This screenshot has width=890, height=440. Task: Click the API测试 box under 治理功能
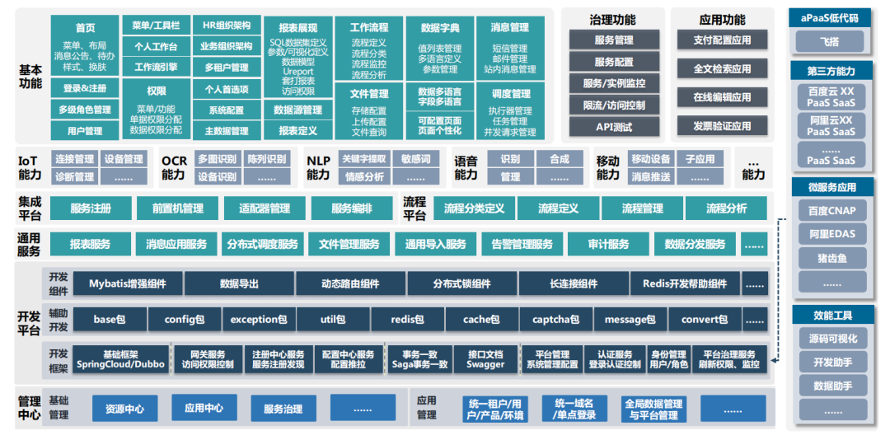click(x=613, y=127)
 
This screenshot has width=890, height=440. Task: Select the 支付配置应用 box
click(x=722, y=40)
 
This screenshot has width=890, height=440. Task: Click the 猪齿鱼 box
click(x=831, y=257)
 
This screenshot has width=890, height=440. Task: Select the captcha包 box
click(x=554, y=319)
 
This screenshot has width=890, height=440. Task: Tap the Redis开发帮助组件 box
click(x=684, y=283)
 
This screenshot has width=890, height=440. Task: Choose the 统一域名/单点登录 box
click(x=574, y=409)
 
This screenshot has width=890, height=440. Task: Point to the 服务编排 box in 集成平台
click(x=352, y=208)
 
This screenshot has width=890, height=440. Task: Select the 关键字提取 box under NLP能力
click(x=363, y=158)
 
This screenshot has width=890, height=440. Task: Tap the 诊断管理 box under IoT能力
click(x=74, y=176)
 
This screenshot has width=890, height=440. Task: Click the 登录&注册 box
click(x=84, y=87)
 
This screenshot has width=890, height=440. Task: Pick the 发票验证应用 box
click(x=722, y=126)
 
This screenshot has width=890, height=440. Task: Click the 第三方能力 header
click(x=831, y=72)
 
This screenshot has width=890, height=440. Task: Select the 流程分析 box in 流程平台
click(x=726, y=208)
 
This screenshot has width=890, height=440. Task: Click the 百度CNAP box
click(x=831, y=211)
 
